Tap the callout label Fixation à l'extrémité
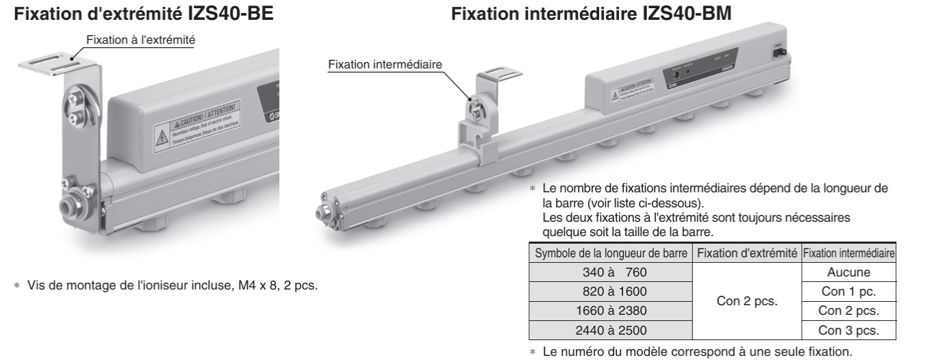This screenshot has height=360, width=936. [141, 40]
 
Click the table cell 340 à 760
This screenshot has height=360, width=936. [609, 272]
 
